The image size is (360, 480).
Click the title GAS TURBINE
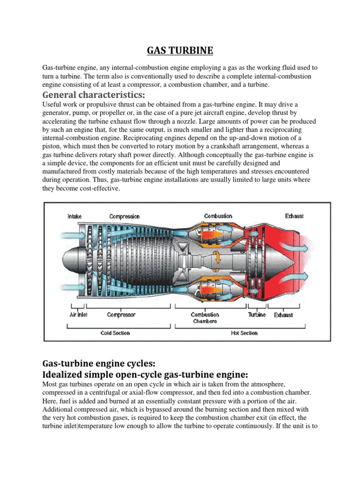180,50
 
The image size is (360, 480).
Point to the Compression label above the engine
124,216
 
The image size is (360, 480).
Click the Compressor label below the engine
121,315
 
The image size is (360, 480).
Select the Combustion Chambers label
205,318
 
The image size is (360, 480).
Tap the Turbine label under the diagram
257,315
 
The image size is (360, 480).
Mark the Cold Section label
115,333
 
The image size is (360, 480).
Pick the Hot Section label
244,333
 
